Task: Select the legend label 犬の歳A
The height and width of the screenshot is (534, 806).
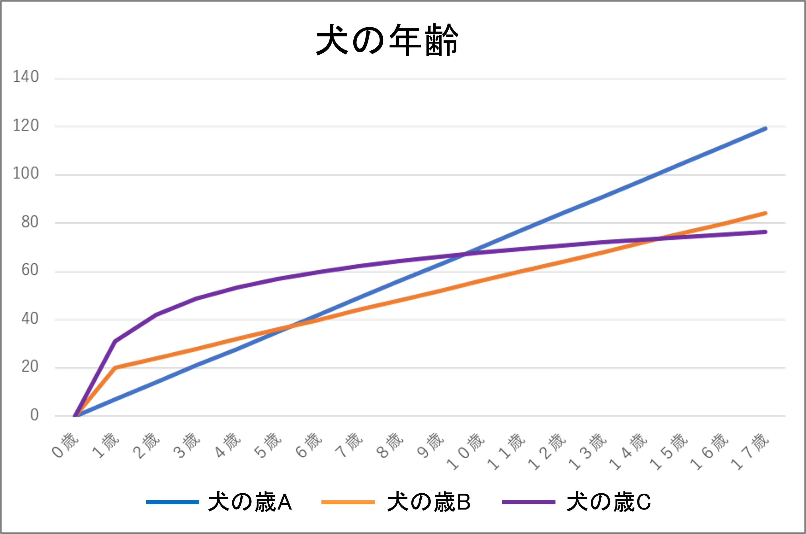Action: click(250, 502)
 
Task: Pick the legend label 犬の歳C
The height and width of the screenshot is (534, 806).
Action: click(609, 502)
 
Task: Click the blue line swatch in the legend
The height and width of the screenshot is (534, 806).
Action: click(173, 502)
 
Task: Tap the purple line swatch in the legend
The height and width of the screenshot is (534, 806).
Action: click(528, 502)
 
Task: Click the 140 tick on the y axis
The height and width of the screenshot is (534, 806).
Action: click(26, 76)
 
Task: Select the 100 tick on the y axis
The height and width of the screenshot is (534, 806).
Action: click(26, 173)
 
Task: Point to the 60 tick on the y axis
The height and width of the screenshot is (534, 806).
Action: click(30, 270)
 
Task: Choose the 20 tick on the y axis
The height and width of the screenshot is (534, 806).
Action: click(30, 367)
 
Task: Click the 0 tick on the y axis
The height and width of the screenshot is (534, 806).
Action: click(34, 415)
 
